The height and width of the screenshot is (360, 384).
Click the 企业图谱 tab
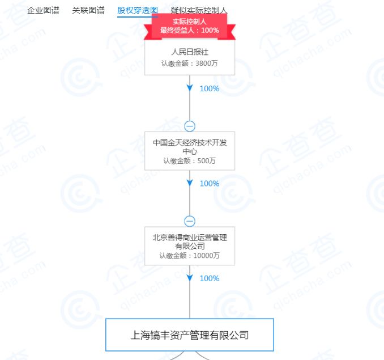coord(43,10)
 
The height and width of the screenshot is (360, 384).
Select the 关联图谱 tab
coord(88,10)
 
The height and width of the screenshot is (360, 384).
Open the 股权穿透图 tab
coord(138,10)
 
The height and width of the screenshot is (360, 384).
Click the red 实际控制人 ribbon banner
coord(189,26)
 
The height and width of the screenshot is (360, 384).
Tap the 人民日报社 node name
coord(189,52)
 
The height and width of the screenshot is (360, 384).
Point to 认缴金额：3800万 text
coord(189,63)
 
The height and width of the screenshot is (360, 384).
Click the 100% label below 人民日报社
coord(209,88)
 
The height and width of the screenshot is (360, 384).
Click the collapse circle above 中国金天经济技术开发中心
coord(190,126)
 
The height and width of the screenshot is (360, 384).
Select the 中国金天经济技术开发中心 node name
coord(189,147)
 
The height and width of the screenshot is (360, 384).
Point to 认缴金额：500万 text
coord(189,161)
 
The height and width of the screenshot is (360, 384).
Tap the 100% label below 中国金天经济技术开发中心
coord(209,183)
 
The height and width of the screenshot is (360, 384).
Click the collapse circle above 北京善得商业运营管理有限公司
coord(190,221)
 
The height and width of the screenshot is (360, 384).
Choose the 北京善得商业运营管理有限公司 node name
coord(189,242)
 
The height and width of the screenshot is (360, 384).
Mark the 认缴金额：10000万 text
coord(189,256)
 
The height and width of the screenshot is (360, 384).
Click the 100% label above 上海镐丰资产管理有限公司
coord(209,278)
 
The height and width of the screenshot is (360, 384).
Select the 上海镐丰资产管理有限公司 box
coord(189,334)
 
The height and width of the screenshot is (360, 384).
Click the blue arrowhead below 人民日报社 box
coord(190,88)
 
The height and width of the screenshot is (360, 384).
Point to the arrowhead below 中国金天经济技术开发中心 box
coord(190,183)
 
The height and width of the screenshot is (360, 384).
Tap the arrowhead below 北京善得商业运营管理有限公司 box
coord(190,278)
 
